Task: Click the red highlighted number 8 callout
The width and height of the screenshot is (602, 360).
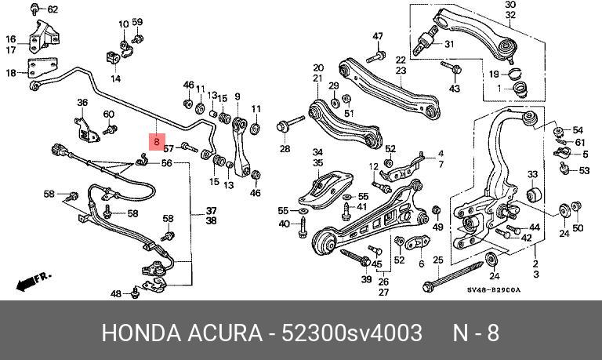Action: pyautogui.click(x=157, y=142)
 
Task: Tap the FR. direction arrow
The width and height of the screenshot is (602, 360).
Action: pyautogui.click(x=33, y=282)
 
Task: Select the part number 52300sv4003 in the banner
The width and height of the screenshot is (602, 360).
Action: pyautogui.click(x=352, y=333)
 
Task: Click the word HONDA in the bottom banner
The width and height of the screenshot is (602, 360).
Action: pyautogui.click(x=141, y=333)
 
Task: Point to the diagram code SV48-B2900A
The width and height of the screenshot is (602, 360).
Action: pyautogui.click(x=494, y=289)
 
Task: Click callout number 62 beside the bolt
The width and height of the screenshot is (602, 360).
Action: pyautogui.click(x=53, y=9)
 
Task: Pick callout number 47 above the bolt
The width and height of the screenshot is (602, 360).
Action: pyautogui.click(x=378, y=36)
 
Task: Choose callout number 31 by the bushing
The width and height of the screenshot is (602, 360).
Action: pyautogui.click(x=449, y=44)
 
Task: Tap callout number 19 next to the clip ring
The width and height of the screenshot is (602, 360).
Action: pyautogui.click(x=494, y=75)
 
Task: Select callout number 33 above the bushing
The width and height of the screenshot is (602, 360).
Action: pyautogui.click(x=532, y=174)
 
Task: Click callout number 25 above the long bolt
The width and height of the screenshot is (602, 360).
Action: pyautogui.click(x=438, y=260)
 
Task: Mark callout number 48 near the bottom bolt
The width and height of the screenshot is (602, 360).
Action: pyautogui.click(x=116, y=294)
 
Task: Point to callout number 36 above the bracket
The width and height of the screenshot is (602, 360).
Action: pyautogui.click(x=82, y=103)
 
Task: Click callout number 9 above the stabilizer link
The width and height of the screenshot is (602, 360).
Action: pyautogui.click(x=238, y=96)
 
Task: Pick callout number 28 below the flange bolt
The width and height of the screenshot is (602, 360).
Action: pyautogui.click(x=285, y=149)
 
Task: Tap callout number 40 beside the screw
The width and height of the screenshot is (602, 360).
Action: pyautogui.click(x=284, y=224)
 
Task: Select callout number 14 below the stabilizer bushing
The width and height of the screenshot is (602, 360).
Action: pyautogui.click(x=115, y=78)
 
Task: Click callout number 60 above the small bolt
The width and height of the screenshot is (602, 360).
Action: pyautogui.click(x=109, y=114)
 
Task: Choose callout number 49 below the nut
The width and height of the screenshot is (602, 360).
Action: pyautogui.click(x=437, y=227)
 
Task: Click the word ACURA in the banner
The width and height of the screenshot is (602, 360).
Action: pyautogui.click(x=225, y=333)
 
